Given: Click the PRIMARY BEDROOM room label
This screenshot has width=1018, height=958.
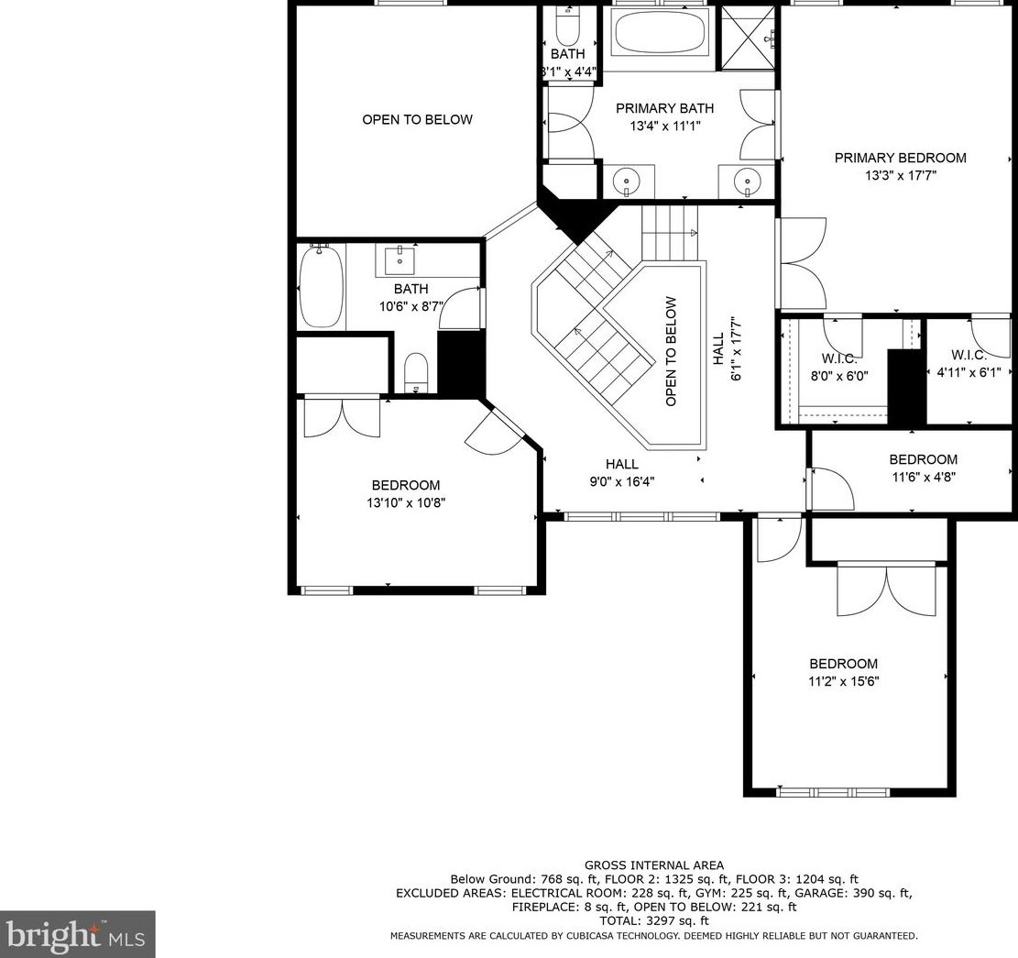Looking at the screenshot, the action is (x=900, y=158).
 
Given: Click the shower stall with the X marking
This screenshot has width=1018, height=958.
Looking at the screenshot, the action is (x=749, y=37).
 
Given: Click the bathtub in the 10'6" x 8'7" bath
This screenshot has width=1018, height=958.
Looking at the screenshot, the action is (x=321, y=288).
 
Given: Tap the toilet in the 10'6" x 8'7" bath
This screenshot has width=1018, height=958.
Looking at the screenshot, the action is (x=415, y=372).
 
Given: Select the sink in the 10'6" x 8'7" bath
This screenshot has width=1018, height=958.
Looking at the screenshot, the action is (x=400, y=259).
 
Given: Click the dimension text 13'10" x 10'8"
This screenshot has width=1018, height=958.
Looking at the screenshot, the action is (x=406, y=502).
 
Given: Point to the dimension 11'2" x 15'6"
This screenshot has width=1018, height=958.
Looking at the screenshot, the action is (x=843, y=681).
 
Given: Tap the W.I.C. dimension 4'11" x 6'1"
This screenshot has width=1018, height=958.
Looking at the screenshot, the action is (x=969, y=372).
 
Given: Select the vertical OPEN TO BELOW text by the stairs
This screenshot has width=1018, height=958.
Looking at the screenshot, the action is (x=671, y=351).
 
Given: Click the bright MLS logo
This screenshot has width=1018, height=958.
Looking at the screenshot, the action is (x=77, y=935).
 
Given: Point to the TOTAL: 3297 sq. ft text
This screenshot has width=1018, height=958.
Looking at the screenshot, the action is (x=654, y=921).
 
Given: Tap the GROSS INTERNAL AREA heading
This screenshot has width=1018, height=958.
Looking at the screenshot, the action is (x=654, y=865).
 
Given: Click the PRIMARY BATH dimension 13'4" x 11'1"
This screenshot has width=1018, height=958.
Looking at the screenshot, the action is (x=665, y=126).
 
